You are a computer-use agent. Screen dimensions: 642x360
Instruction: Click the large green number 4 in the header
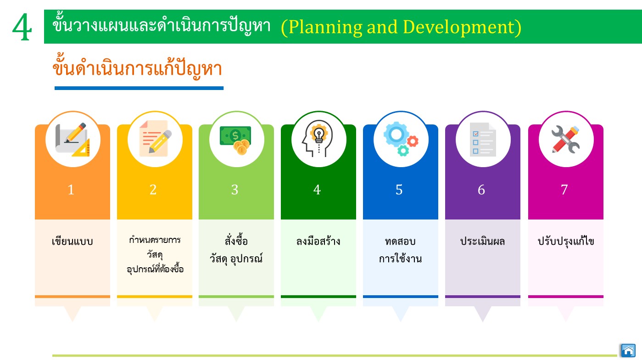[x=22, y=28]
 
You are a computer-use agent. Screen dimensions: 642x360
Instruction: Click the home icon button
[x=628, y=350]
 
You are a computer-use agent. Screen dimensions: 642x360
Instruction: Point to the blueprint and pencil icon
[x=73, y=140]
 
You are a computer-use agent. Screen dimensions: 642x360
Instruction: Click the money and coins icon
[x=236, y=140]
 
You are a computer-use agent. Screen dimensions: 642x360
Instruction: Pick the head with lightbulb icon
[x=318, y=139]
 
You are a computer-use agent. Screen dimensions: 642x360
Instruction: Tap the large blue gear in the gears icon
[x=396, y=134]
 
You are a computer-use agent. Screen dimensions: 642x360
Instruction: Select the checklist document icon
[x=483, y=140]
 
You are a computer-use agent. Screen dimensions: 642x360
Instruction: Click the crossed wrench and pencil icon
[x=565, y=140]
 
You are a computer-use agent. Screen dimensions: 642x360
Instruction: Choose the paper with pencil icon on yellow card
[x=155, y=139]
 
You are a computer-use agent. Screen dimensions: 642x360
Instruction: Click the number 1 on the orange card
[x=71, y=190]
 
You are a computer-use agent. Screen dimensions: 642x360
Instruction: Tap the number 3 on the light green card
[x=235, y=190]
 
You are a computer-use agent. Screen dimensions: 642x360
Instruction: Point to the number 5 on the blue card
[x=399, y=190]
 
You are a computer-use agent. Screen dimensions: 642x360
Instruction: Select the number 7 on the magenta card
[x=564, y=190]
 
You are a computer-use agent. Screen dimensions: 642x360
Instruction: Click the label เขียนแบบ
[x=72, y=241]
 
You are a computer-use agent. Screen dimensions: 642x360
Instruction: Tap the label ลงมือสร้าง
[x=318, y=241]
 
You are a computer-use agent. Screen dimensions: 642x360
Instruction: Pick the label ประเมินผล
[x=482, y=241]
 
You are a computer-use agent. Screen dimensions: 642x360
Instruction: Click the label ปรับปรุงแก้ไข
[x=566, y=241]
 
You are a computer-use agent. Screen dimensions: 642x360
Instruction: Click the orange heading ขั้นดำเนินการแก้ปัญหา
[x=137, y=67]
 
